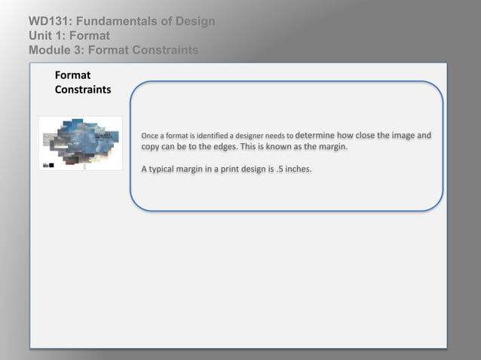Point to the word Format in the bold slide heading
pos(72,75)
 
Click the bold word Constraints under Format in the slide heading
pos(83,90)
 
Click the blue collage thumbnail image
pos(81,143)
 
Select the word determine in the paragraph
pos(320,136)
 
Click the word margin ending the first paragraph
pos(330,147)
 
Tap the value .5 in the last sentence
pos(278,169)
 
